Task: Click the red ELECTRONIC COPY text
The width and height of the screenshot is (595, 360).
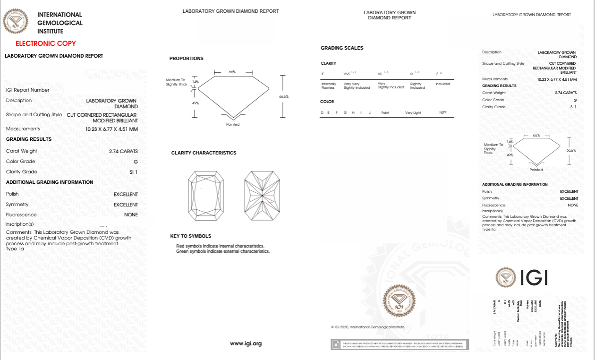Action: click(x=46, y=43)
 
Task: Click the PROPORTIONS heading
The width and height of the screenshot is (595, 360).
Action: click(x=186, y=59)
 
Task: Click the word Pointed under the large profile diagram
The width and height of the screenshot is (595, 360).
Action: click(x=233, y=124)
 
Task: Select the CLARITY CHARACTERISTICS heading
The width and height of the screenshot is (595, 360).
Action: click(x=204, y=153)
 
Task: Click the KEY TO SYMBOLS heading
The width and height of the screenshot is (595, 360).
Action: click(x=191, y=236)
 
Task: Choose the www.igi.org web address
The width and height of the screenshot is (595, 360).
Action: click(x=246, y=343)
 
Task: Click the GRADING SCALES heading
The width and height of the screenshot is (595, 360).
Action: click(x=342, y=48)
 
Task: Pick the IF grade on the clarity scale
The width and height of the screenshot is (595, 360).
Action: click(x=323, y=74)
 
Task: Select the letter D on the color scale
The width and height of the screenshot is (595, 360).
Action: click(x=322, y=113)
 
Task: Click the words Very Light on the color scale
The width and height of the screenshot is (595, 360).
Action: click(x=413, y=113)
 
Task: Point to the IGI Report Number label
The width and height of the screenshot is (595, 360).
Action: click(x=27, y=90)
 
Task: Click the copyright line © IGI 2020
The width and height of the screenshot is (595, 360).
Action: click(x=367, y=327)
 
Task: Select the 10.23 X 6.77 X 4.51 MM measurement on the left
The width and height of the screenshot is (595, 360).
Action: click(x=111, y=129)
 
